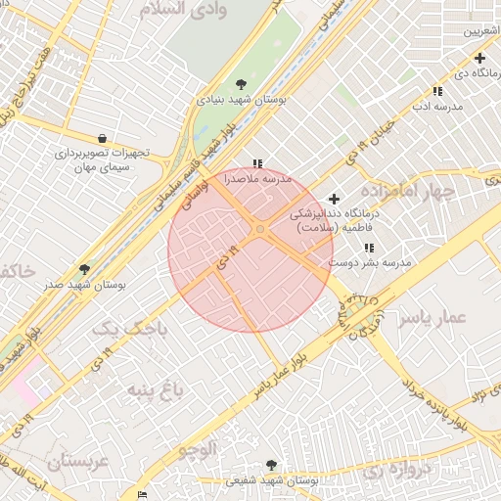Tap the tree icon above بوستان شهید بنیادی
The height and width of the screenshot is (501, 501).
coord(242,83)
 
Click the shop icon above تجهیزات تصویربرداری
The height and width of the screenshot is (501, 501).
coord(103,138)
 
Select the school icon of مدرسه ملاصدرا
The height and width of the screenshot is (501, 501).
coord(257,164)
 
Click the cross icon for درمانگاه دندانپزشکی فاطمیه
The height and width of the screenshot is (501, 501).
coord(334,199)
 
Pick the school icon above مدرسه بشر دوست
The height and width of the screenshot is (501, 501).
coord(368,248)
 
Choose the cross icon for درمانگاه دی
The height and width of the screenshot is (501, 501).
coord(479,59)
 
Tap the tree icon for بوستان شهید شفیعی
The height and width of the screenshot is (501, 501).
coord(271,466)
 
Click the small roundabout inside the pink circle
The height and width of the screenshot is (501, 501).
coord(259,229)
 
